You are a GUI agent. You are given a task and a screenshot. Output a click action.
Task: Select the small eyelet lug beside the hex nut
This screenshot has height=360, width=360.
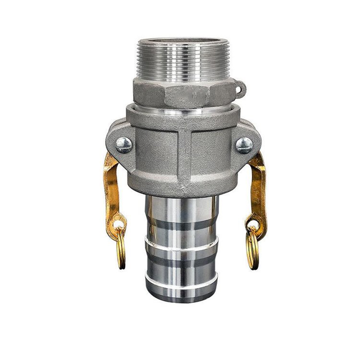[x=239, y=88]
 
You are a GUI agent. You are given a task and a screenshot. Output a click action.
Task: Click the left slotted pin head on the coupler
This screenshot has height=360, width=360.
[x=123, y=144]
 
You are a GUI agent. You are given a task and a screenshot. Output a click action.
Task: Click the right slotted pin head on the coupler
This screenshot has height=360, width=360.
[x=244, y=144]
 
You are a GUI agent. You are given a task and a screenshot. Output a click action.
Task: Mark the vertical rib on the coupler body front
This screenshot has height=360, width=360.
[x=184, y=158]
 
